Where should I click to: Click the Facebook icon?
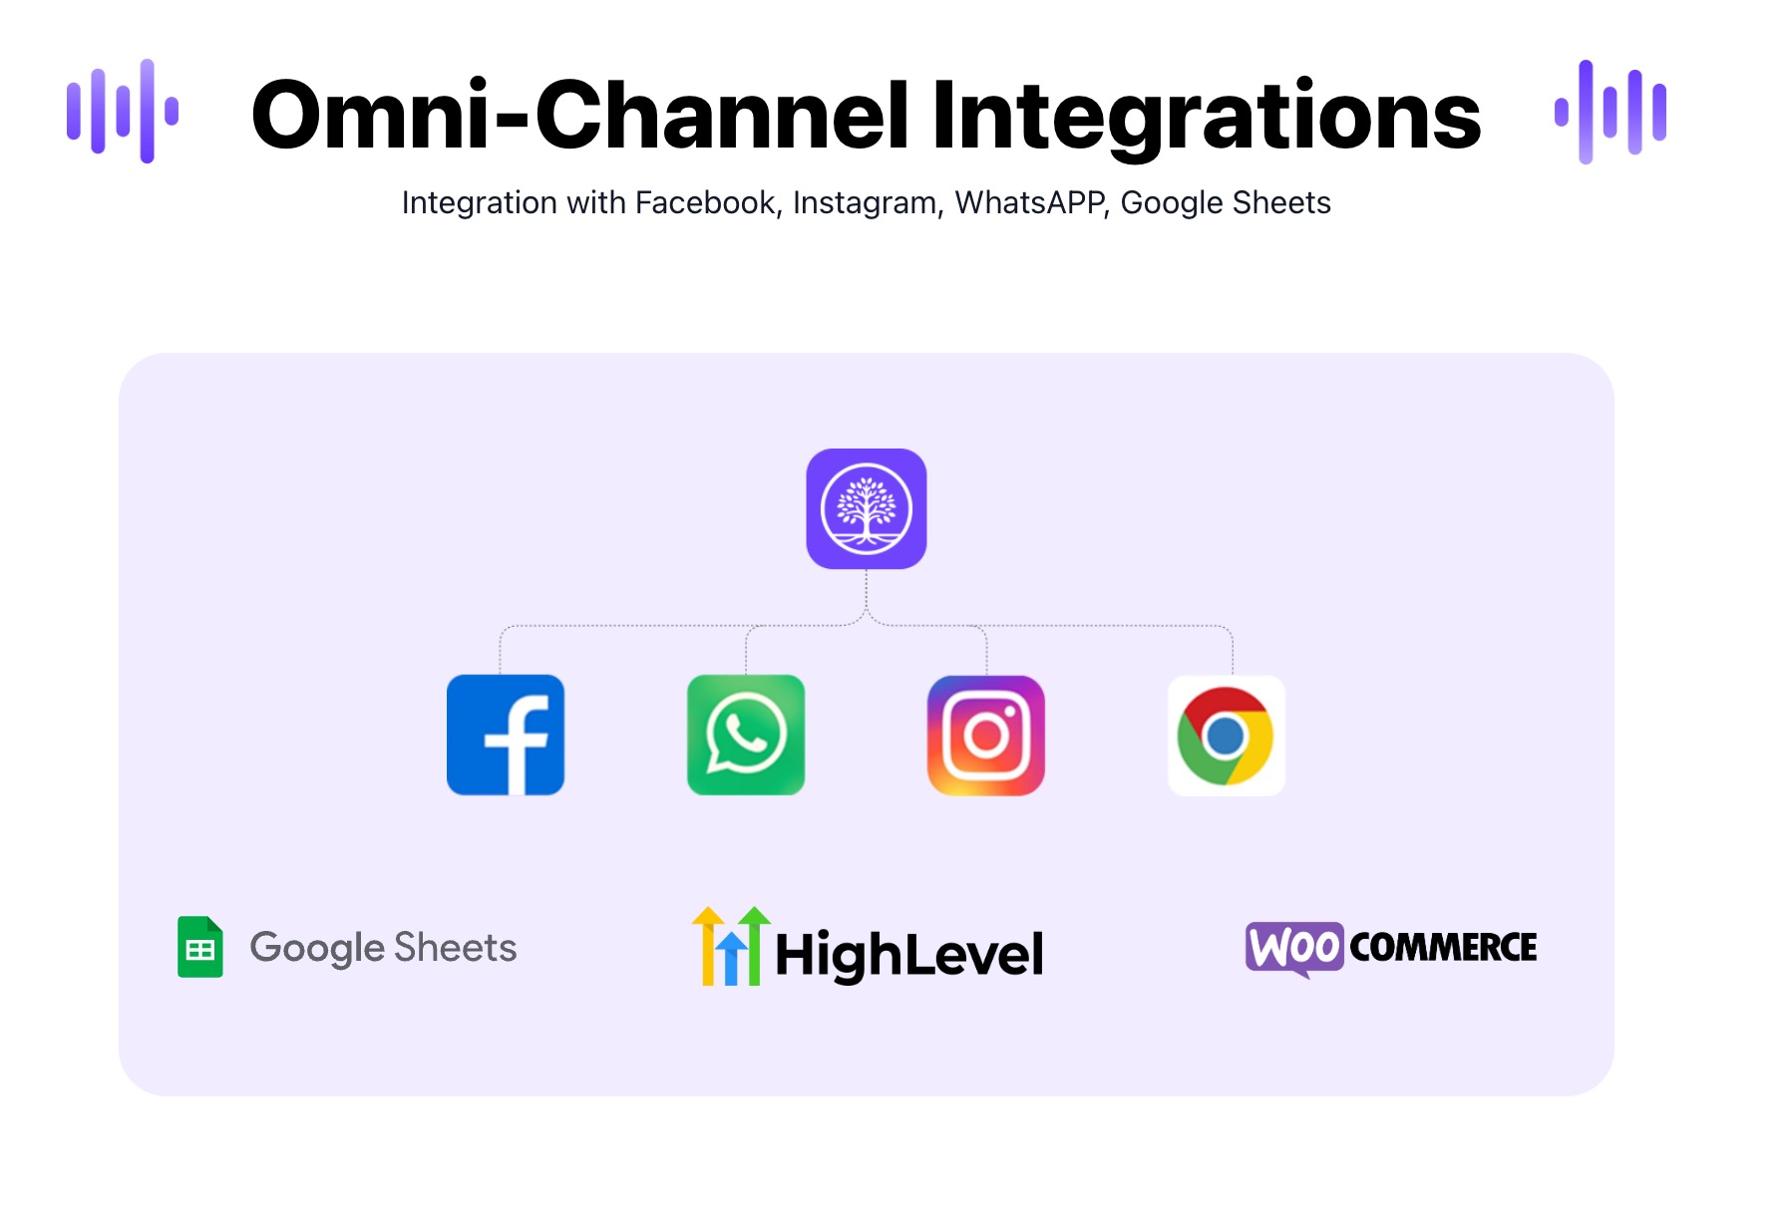506,735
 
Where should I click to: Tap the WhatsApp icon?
746,735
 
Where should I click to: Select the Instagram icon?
986,735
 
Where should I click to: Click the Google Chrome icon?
1227,735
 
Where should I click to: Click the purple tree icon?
867,508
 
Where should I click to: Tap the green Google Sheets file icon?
200,947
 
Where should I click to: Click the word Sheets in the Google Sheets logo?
456,947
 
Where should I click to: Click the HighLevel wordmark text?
909,954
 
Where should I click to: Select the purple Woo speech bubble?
1294,948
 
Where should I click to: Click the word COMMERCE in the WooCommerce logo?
1443,947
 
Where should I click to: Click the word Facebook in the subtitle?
705,202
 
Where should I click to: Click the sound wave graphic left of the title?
123,111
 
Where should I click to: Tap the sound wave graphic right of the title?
1610,112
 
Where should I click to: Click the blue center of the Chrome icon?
1225,737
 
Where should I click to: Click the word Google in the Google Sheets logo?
317,949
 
